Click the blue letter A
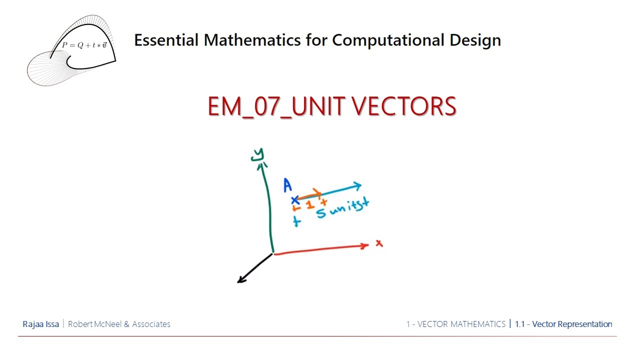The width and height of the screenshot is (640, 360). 287,185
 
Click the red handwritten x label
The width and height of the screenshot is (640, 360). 379,243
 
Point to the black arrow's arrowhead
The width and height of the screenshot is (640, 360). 240,280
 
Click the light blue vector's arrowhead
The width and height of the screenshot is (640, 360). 357,186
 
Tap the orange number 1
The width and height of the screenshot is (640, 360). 310,204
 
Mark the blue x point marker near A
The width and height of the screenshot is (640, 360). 295,200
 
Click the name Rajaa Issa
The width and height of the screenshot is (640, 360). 40,324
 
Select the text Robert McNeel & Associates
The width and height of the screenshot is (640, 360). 119,324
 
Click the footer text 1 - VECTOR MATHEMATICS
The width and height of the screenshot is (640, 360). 455,324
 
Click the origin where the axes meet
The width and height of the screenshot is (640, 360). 273,253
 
